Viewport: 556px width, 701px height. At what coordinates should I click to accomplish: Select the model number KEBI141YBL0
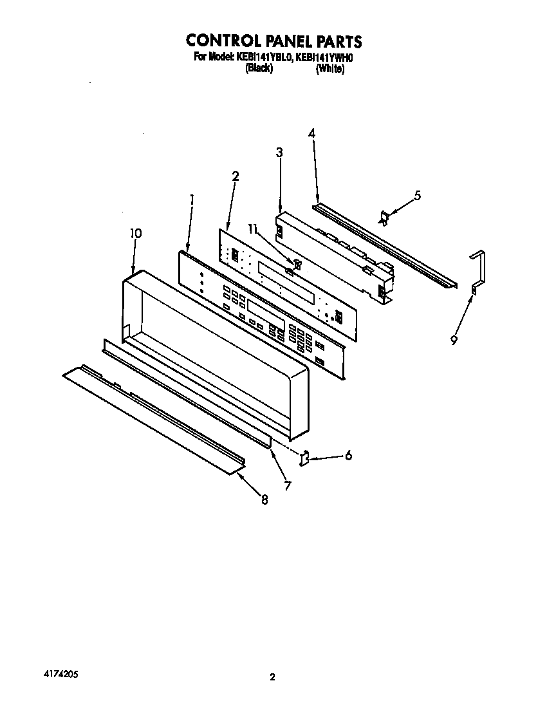[x=264, y=57]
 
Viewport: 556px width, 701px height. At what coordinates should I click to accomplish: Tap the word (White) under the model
[x=329, y=69]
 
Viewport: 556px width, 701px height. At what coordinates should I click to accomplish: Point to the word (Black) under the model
[x=259, y=69]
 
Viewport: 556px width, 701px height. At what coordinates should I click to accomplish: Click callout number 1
[x=191, y=200]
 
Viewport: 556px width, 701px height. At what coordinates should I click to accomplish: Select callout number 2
[x=236, y=175]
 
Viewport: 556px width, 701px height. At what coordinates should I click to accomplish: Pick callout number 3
[x=279, y=153]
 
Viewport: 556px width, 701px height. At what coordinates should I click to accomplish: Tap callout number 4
[x=311, y=134]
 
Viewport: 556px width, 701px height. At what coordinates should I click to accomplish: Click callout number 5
[x=418, y=196]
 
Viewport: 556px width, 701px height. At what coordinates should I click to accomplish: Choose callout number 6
[x=348, y=456]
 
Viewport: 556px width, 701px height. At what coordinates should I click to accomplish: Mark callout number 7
[x=287, y=486]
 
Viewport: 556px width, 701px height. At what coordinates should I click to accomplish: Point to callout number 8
[x=264, y=500]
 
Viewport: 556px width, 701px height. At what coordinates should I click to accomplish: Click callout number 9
[x=454, y=341]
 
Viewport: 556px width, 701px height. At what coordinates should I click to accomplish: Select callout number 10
[x=135, y=234]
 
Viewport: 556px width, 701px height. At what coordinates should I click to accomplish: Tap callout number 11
[x=254, y=229]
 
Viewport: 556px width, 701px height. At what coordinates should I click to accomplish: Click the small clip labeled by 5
[x=385, y=218]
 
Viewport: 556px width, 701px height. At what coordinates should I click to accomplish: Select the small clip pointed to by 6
[x=306, y=458]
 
